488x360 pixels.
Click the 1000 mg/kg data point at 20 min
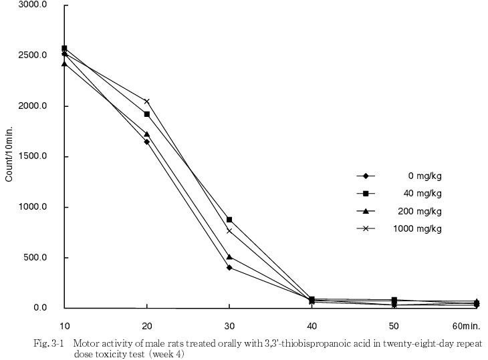[x=147, y=102]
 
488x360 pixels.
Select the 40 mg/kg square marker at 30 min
[x=229, y=220]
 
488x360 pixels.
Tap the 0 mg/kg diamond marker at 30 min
[x=229, y=268]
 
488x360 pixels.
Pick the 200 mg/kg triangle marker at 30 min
[x=229, y=256]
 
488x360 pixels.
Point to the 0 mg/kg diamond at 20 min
[x=147, y=142]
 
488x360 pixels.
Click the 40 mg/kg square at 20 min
[x=147, y=114]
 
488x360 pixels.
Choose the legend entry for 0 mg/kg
[x=424, y=176]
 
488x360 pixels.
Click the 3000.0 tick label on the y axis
[x=31, y=5]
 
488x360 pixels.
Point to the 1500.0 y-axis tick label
[x=31, y=157]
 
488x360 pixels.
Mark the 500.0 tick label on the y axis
[x=34, y=258]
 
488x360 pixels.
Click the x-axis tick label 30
[x=229, y=325]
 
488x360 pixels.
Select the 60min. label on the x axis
[x=466, y=325]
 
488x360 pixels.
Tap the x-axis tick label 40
[x=312, y=325]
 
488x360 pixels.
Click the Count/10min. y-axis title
[x=9, y=157]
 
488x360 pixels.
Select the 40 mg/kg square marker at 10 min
[x=64, y=48]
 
